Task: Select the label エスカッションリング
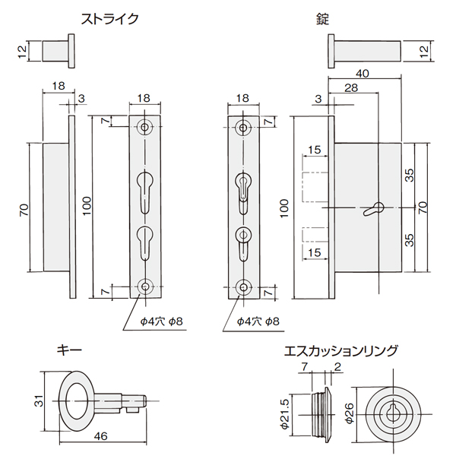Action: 340,350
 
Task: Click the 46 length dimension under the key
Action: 100,437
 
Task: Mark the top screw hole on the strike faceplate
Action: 144,128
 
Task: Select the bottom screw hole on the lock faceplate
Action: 243,287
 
